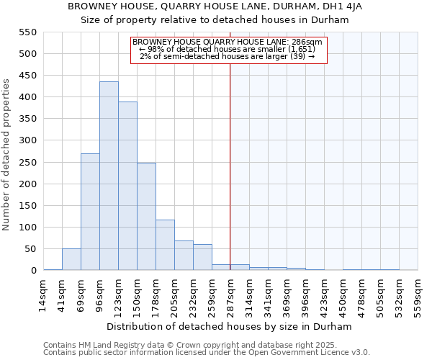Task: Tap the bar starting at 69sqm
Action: [x=90, y=212]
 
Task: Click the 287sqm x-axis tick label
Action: [x=230, y=296]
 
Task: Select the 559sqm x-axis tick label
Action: [x=418, y=296]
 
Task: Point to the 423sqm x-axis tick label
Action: [x=324, y=296]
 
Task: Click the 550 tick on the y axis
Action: [x=27, y=32]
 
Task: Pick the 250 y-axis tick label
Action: [x=27, y=163]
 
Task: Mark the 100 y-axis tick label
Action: [x=27, y=228]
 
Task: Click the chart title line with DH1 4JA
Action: [x=215, y=6]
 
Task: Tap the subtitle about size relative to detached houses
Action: [x=215, y=20]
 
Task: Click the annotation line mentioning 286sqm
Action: [x=228, y=42]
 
